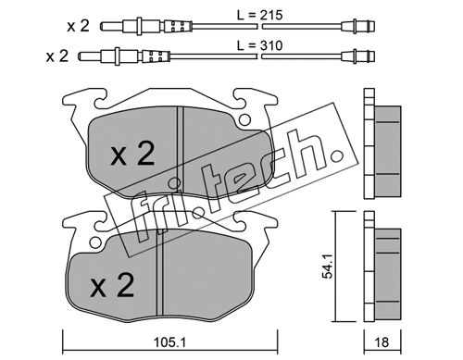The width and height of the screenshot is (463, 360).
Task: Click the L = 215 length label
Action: pos(259,15)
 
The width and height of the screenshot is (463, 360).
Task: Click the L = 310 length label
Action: pos(259,45)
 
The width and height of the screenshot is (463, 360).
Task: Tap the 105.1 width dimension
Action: pos(169,342)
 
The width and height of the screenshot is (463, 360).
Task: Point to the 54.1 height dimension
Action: pos(327,267)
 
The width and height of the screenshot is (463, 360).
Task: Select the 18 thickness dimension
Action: pos(382,342)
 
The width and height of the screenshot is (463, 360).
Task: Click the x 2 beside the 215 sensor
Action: pos(79,26)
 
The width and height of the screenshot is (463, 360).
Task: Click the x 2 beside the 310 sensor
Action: pos(57,56)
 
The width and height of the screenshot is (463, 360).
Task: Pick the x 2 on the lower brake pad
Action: pos(112,285)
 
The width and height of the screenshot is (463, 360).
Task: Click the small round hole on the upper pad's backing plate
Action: pos(244,119)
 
